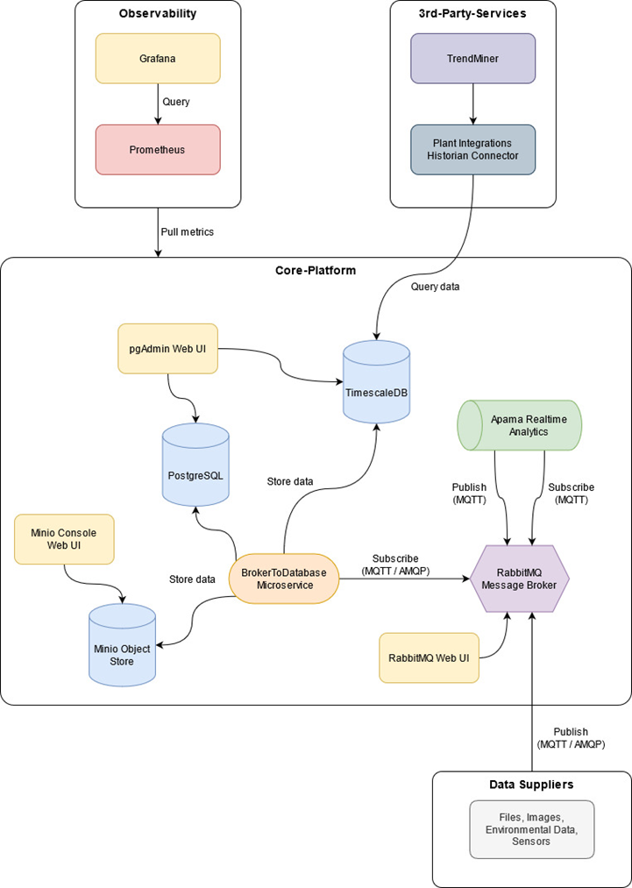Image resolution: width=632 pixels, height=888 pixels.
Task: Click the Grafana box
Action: (158, 59)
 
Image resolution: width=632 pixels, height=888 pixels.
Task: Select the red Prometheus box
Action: (158, 150)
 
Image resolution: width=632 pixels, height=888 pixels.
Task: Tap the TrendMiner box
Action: (472, 59)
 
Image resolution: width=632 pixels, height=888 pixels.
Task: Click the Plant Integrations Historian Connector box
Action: (472, 150)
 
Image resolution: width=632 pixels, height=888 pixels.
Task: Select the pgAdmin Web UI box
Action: (167, 348)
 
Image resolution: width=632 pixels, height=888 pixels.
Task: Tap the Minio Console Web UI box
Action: (64, 539)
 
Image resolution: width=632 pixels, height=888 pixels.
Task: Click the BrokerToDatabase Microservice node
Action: (284, 579)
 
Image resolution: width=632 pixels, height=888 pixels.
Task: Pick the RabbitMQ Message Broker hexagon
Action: (520, 579)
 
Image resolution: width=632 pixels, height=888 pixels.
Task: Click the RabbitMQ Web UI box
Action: (429, 658)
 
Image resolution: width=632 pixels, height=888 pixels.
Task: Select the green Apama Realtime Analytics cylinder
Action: (521, 426)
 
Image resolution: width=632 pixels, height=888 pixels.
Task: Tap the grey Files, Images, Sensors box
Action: (532, 829)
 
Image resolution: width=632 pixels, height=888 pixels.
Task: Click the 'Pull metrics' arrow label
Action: (188, 231)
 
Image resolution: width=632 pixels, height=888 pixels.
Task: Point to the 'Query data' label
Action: (436, 287)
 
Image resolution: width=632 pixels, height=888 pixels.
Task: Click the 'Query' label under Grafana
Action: (176, 103)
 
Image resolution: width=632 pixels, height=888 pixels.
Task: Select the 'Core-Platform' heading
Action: (316, 270)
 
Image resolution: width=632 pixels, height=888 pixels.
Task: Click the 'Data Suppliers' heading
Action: (531, 785)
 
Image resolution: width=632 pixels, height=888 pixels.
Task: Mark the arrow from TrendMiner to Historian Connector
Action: (472, 104)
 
